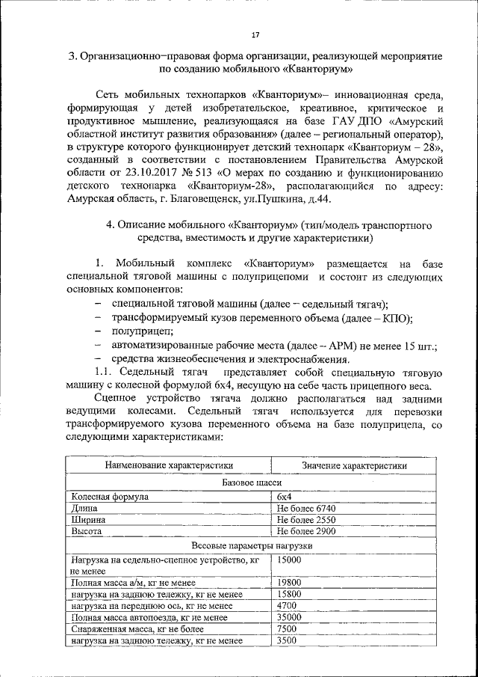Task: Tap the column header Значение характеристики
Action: (354, 465)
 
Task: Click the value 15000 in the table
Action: (288, 559)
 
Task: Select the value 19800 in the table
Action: (288, 582)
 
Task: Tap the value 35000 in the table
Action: (288, 617)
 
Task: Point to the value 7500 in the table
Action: (286, 629)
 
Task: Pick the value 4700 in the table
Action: (286, 605)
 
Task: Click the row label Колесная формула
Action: (110, 496)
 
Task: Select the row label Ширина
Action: (87, 519)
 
